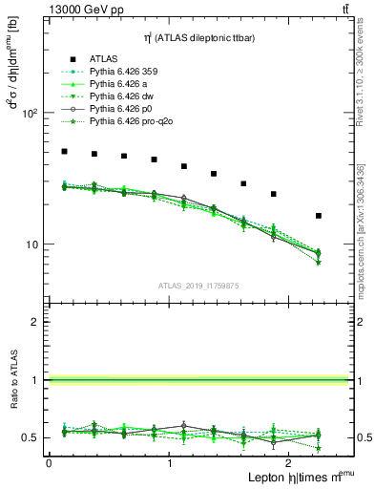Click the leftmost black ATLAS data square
tap(64, 151)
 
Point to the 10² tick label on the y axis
tap(29, 113)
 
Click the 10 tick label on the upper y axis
tap(32, 244)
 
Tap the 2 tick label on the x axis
tap(290, 463)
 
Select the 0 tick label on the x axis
tap(49, 463)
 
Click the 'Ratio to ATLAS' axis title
tap(12, 380)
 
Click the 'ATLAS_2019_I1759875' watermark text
tap(198, 284)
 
